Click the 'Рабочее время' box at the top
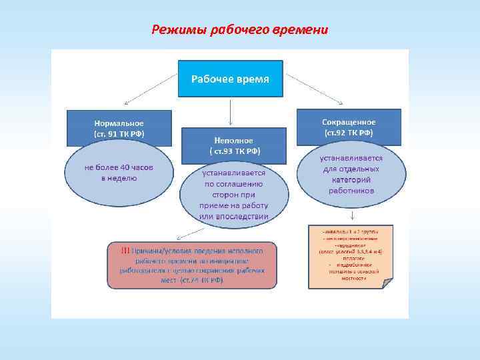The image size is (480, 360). pyautogui.click(x=230, y=79)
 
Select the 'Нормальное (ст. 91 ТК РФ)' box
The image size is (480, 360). pyautogui.click(x=119, y=127)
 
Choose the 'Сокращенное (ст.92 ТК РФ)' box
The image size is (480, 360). pyautogui.click(x=349, y=127)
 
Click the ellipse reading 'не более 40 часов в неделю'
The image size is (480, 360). pyautogui.click(x=119, y=173)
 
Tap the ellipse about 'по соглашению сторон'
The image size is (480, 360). pyautogui.click(x=233, y=193)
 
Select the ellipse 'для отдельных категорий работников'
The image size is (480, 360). pyautogui.click(x=351, y=175)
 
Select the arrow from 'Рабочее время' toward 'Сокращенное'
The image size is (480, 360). pyautogui.click(x=313, y=88)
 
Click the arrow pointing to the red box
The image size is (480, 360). pyautogui.click(x=191, y=231)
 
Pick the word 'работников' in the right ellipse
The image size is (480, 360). pyautogui.click(x=351, y=190)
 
